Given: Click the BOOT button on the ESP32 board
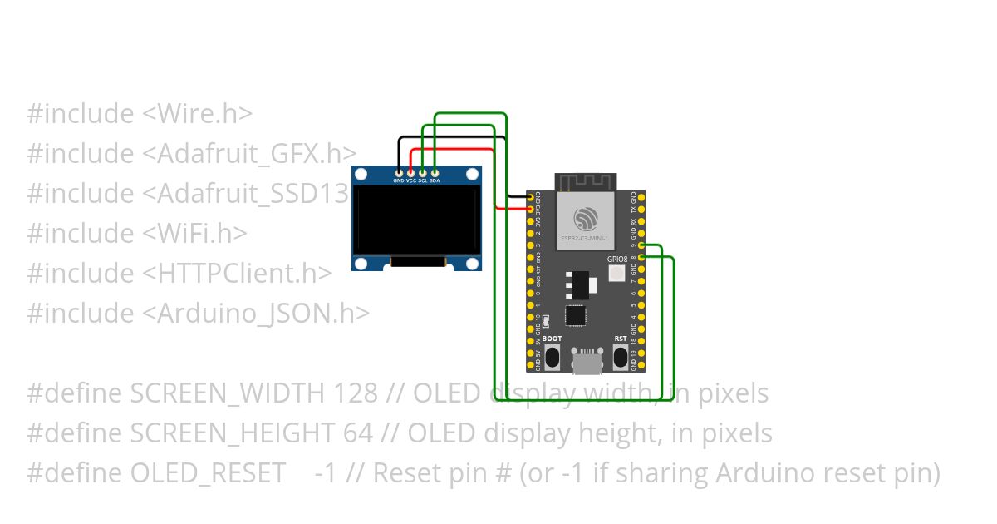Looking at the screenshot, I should [x=552, y=357].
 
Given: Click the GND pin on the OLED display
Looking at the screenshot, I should [x=399, y=173].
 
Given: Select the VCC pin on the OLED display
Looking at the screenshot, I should [x=410, y=173].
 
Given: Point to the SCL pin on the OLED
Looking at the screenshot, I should [x=422, y=173].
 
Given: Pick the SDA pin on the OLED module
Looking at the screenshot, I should [x=435, y=173].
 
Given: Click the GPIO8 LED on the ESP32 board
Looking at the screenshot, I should [x=617, y=274].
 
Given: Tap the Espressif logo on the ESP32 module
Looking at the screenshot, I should [x=586, y=219].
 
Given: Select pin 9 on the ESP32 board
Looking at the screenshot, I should [x=642, y=245].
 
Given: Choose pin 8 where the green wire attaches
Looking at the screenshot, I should [x=642, y=258].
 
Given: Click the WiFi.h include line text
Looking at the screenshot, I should [x=136, y=234].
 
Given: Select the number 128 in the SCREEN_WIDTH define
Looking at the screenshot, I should [x=356, y=393].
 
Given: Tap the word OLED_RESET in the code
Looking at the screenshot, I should [x=209, y=473].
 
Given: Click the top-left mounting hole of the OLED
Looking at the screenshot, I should [x=361, y=175].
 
